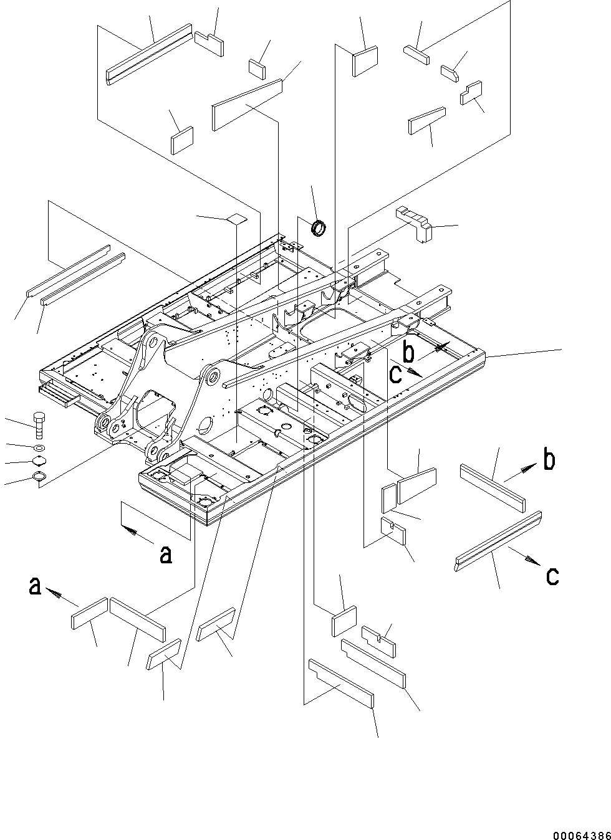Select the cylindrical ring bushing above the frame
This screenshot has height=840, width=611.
tap(319, 229)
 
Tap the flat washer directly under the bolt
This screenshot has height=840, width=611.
tap(39, 447)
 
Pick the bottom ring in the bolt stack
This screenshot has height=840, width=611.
tap(39, 478)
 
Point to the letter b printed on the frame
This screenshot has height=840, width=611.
tap(408, 353)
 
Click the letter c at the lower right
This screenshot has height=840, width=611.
tap(552, 576)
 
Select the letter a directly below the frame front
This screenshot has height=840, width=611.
tap(165, 553)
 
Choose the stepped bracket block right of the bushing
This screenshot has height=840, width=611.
tap(414, 222)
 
